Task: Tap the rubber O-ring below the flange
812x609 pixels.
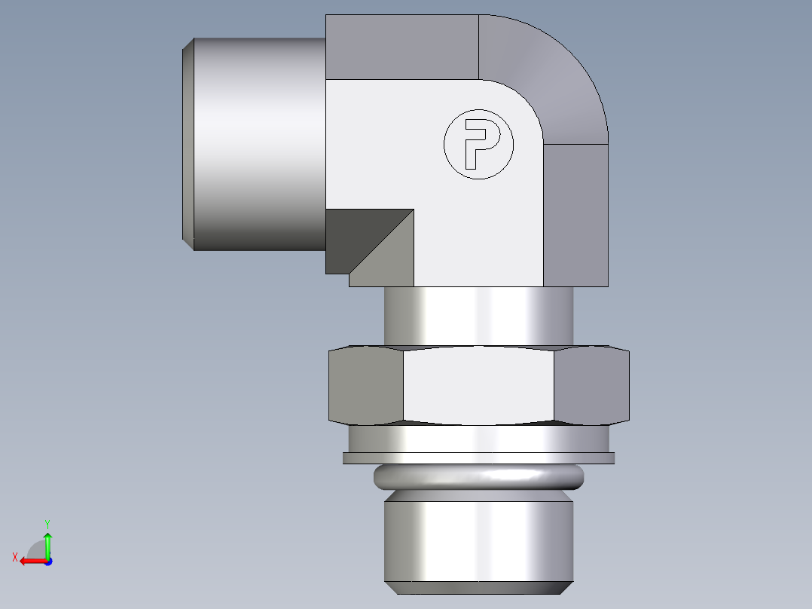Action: (x=479, y=477)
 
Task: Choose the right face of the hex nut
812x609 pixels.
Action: (x=592, y=384)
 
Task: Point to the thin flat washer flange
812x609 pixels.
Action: (x=479, y=458)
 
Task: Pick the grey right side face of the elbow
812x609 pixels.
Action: (x=575, y=215)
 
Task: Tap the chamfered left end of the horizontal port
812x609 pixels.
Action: (x=188, y=144)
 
